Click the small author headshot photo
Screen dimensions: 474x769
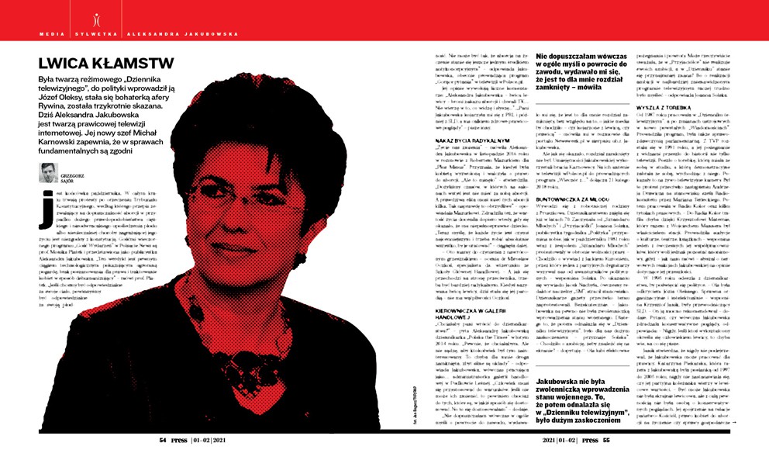[x=48, y=172]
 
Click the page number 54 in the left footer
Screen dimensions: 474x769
[x=164, y=439]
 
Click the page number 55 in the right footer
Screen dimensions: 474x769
[x=605, y=439]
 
